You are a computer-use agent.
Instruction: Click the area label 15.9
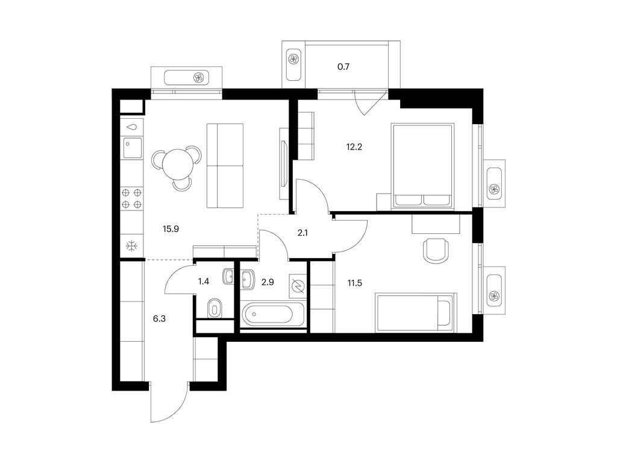pos(171,228)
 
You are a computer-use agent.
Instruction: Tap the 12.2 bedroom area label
pos(354,147)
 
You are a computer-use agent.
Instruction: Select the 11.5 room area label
pos(354,283)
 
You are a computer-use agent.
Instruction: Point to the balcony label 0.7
pos(343,67)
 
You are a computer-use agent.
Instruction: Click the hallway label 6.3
pos(159,319)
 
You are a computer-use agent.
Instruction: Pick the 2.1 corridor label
pos(302,233)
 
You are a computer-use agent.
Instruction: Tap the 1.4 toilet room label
pos(204,282)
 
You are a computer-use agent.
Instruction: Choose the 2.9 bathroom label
pos(268,282)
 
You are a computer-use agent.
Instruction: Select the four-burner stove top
pos(132,198)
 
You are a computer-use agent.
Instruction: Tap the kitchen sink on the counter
pos(132,148)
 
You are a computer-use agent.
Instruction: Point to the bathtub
pos(273,315)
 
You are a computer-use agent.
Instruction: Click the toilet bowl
pos(215,307)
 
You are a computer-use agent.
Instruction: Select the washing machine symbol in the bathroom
pos(298,285)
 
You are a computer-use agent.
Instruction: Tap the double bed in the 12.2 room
pos(422,166)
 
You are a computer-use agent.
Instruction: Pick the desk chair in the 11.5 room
pos(436,250)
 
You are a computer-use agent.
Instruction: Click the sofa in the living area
pos(225,165)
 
